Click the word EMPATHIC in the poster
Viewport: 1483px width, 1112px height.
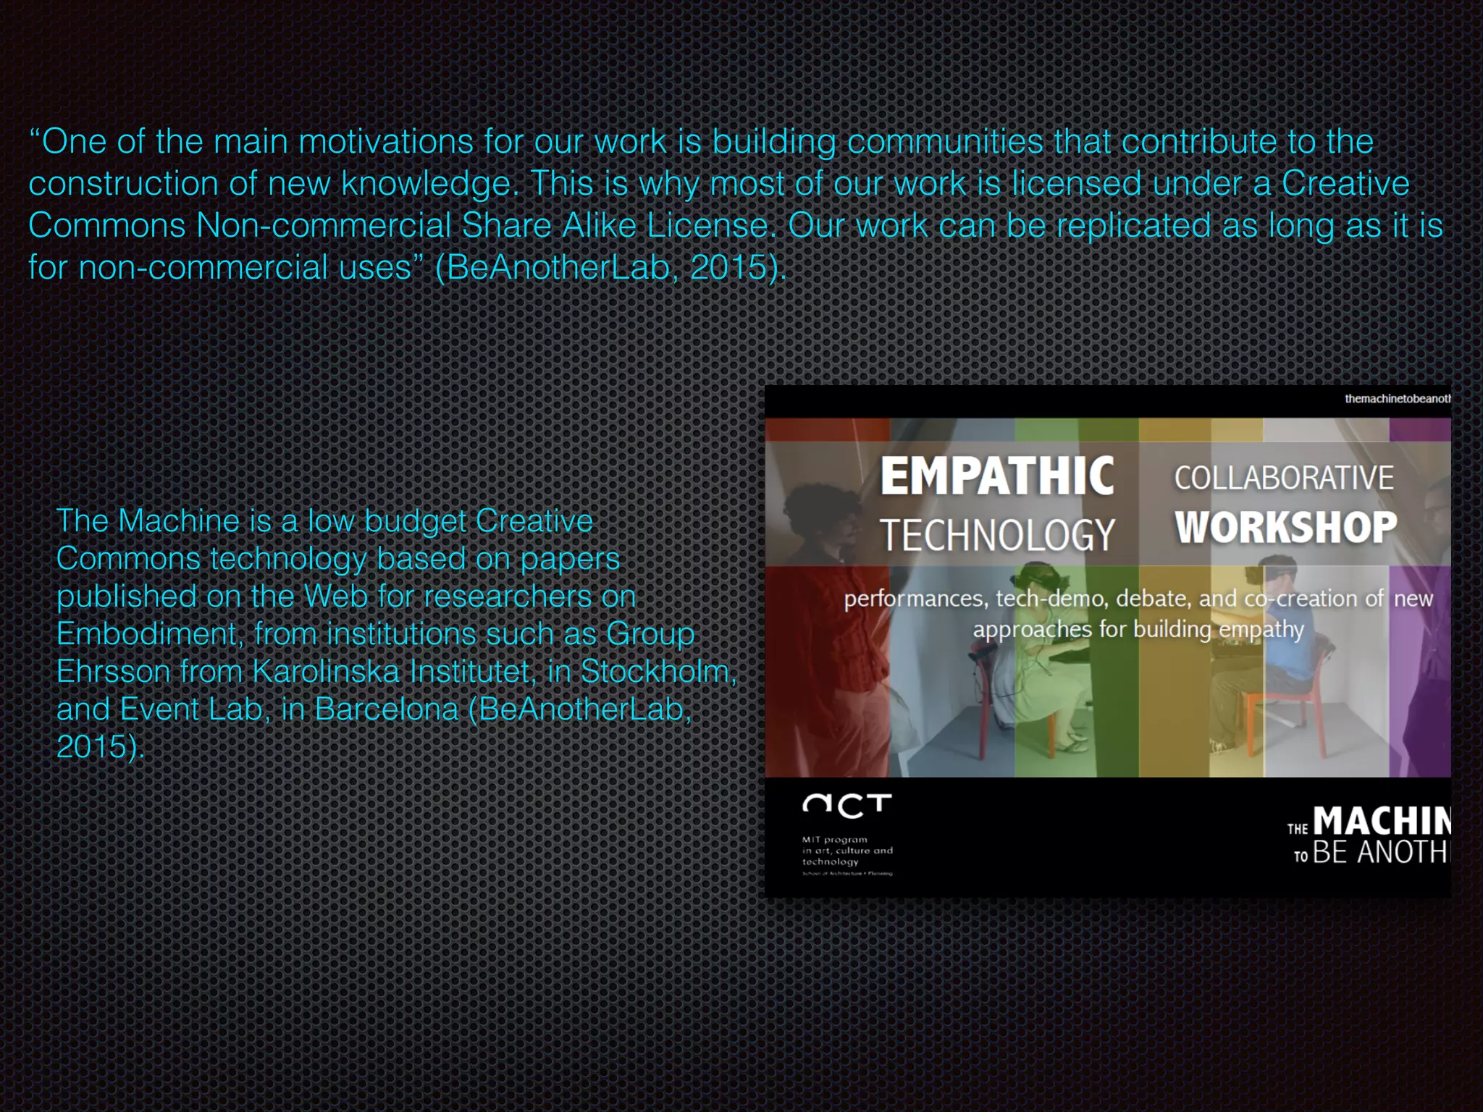[x=996, y=476]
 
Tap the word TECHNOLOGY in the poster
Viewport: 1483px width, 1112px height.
[x=996, y=536]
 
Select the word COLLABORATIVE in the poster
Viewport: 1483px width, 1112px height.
[x=1283, y=478]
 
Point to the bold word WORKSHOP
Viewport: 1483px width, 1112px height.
[x=1285, y=527]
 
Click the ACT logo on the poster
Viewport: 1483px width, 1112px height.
[x=846, y=805]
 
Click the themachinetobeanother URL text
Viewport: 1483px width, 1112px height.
[x=1397, y=399]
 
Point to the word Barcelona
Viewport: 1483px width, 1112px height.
[x=387, y=709]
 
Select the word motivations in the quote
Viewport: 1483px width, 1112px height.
[x=386, y=142]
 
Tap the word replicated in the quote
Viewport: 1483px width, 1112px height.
[x=1133, y=226]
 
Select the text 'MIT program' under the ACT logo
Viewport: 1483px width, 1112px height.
[x=834, y=840]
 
